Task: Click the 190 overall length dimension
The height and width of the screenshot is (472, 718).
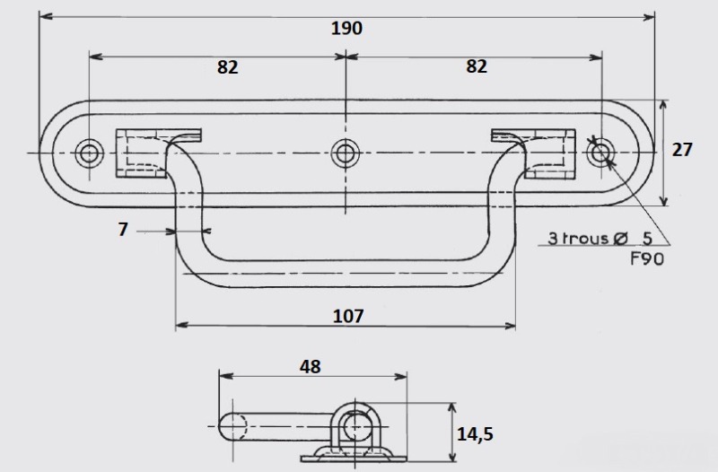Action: (x=346, y=29)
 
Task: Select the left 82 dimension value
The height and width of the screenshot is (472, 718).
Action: (x=228, y=67)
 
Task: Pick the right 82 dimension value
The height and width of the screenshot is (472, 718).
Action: (x=477, y=66)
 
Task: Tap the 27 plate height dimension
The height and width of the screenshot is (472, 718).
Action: (x=682, y=150)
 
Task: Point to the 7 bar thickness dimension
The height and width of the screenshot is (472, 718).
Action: (x=123, y=230)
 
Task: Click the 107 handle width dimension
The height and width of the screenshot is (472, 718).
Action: (x=348, y=316)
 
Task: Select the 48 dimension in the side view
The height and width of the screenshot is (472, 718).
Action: (x=310, y=366)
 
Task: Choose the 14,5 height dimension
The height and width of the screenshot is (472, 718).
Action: (x=475, y=433)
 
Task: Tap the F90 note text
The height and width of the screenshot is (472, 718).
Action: (x=647, y=259)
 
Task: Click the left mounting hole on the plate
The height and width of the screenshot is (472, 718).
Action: (x=89, y=153)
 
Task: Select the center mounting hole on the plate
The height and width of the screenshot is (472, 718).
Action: (x=346, y=153)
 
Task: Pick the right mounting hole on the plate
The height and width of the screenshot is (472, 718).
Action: (x=600, y=153)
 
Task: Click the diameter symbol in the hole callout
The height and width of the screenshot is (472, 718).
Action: (x=620, y=238)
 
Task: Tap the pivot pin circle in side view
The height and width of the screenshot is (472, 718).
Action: (x=355, y=426)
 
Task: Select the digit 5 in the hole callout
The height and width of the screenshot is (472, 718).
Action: (x=647, y=238)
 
